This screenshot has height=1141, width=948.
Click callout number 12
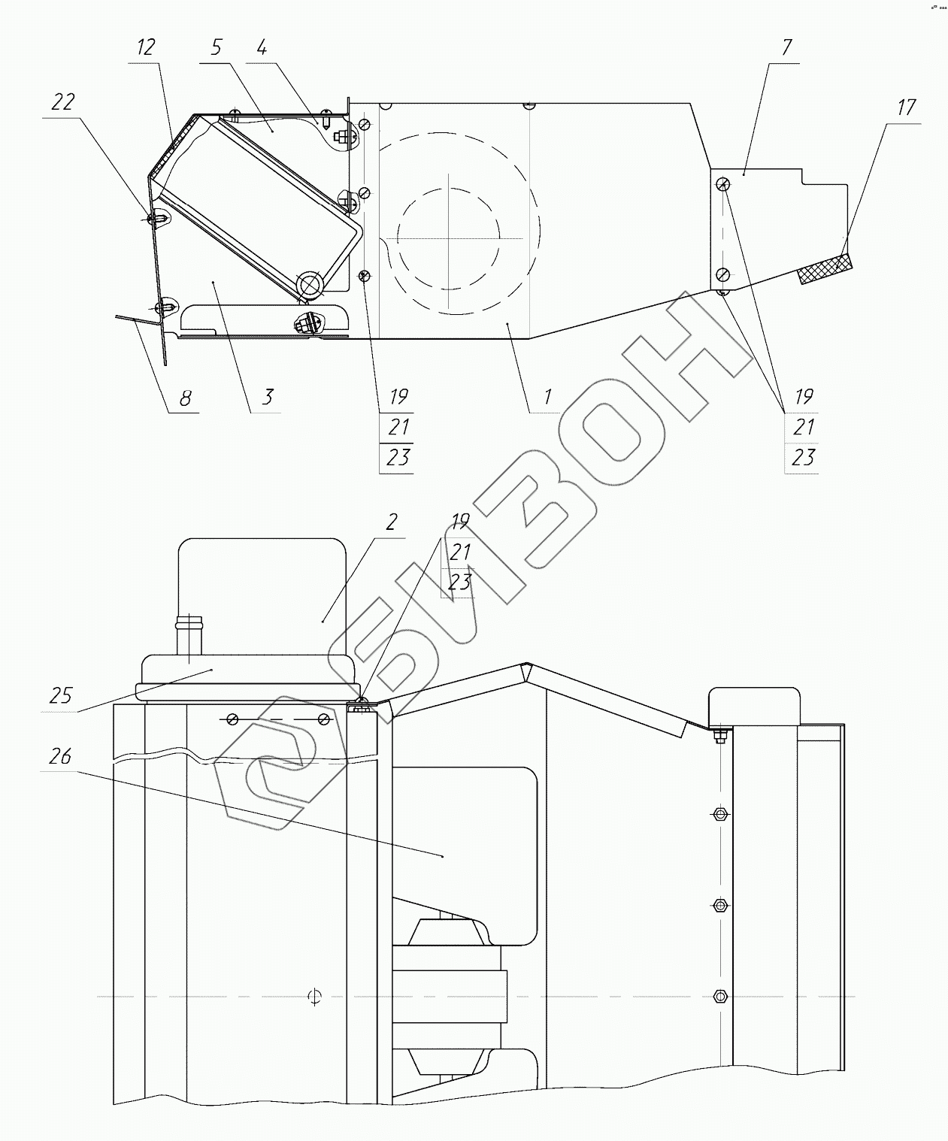pos(146,47)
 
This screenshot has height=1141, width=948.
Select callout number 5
pos(217,47)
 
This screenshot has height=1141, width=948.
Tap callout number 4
pos(262,47)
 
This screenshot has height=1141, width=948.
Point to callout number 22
pos(63,102)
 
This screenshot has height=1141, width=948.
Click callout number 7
pos(786,47)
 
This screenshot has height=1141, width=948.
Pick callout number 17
pos(906,107)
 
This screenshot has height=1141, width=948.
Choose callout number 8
pos(186,398)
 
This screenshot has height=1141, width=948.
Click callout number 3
pos(268,397)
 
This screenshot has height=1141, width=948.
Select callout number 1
pos(547,397)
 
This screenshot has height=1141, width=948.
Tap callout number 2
pos(392,522)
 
